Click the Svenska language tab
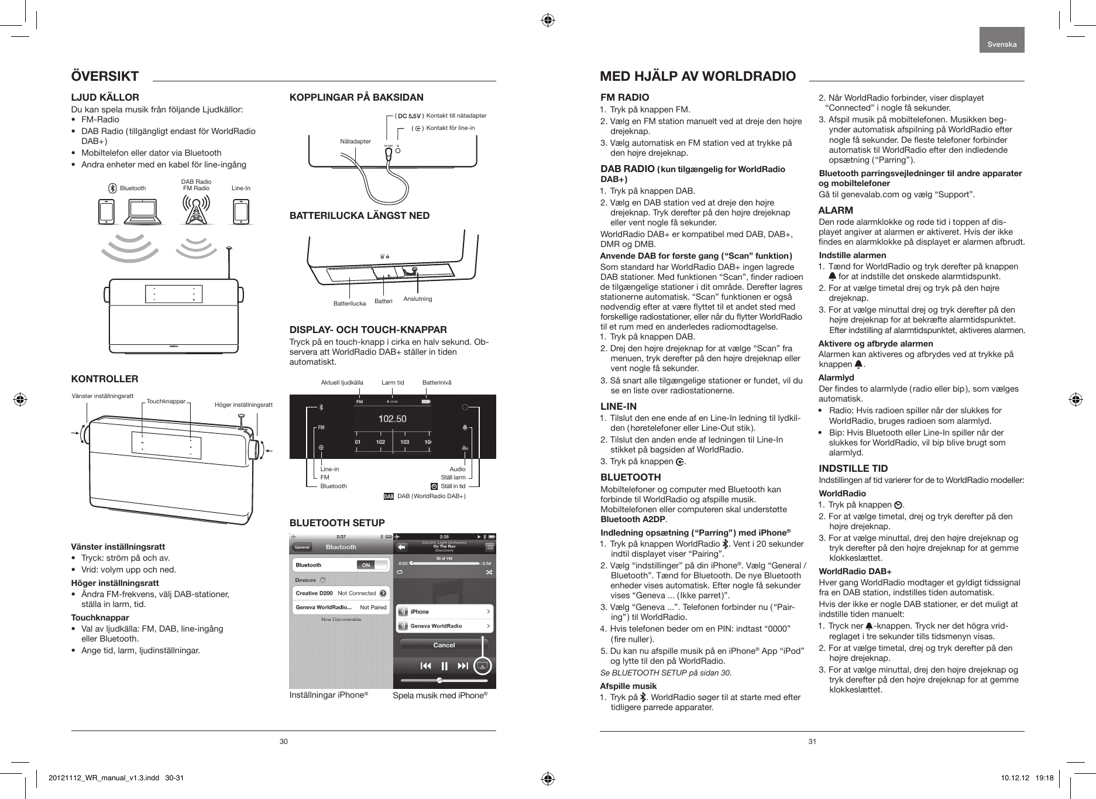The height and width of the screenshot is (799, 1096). coord(1002,44)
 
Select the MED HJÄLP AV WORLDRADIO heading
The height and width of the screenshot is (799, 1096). coord(698,76)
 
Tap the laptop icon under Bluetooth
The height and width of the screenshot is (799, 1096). coord(143,212)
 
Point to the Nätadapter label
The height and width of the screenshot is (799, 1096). coord(355,142)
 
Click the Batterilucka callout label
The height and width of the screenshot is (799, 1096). coord(349,303)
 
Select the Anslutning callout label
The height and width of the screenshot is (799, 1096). coord(418,299)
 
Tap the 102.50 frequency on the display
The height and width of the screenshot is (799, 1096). coord(392,419)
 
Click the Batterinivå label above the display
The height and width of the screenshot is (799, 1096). coord(437,383)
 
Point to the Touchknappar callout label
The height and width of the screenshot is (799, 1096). coord(166,402)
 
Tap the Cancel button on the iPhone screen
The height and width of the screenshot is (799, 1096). coord(444,645)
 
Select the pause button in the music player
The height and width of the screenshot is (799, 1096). coord(444,666)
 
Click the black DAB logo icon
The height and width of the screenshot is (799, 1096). coord(388,497)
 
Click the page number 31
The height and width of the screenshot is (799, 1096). coord(812,742)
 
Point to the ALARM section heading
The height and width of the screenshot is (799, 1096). coord(836,210)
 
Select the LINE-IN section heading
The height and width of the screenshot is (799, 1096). coord(619,406)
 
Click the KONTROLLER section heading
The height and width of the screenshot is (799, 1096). coord(105,379)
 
